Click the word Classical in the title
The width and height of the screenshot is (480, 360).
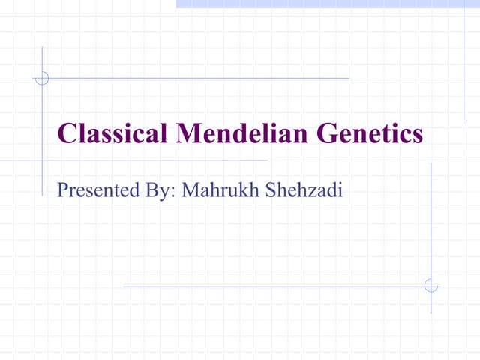point(112,134)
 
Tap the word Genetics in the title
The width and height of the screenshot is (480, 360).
point(370,134)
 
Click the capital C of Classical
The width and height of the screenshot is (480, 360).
point(66,134)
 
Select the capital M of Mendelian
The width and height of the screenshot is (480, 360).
point(187,134)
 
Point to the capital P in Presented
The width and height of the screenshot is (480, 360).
point(62,190)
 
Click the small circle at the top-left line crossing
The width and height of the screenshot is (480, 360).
point(42,78)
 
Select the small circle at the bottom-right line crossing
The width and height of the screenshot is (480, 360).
point(430,286)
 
